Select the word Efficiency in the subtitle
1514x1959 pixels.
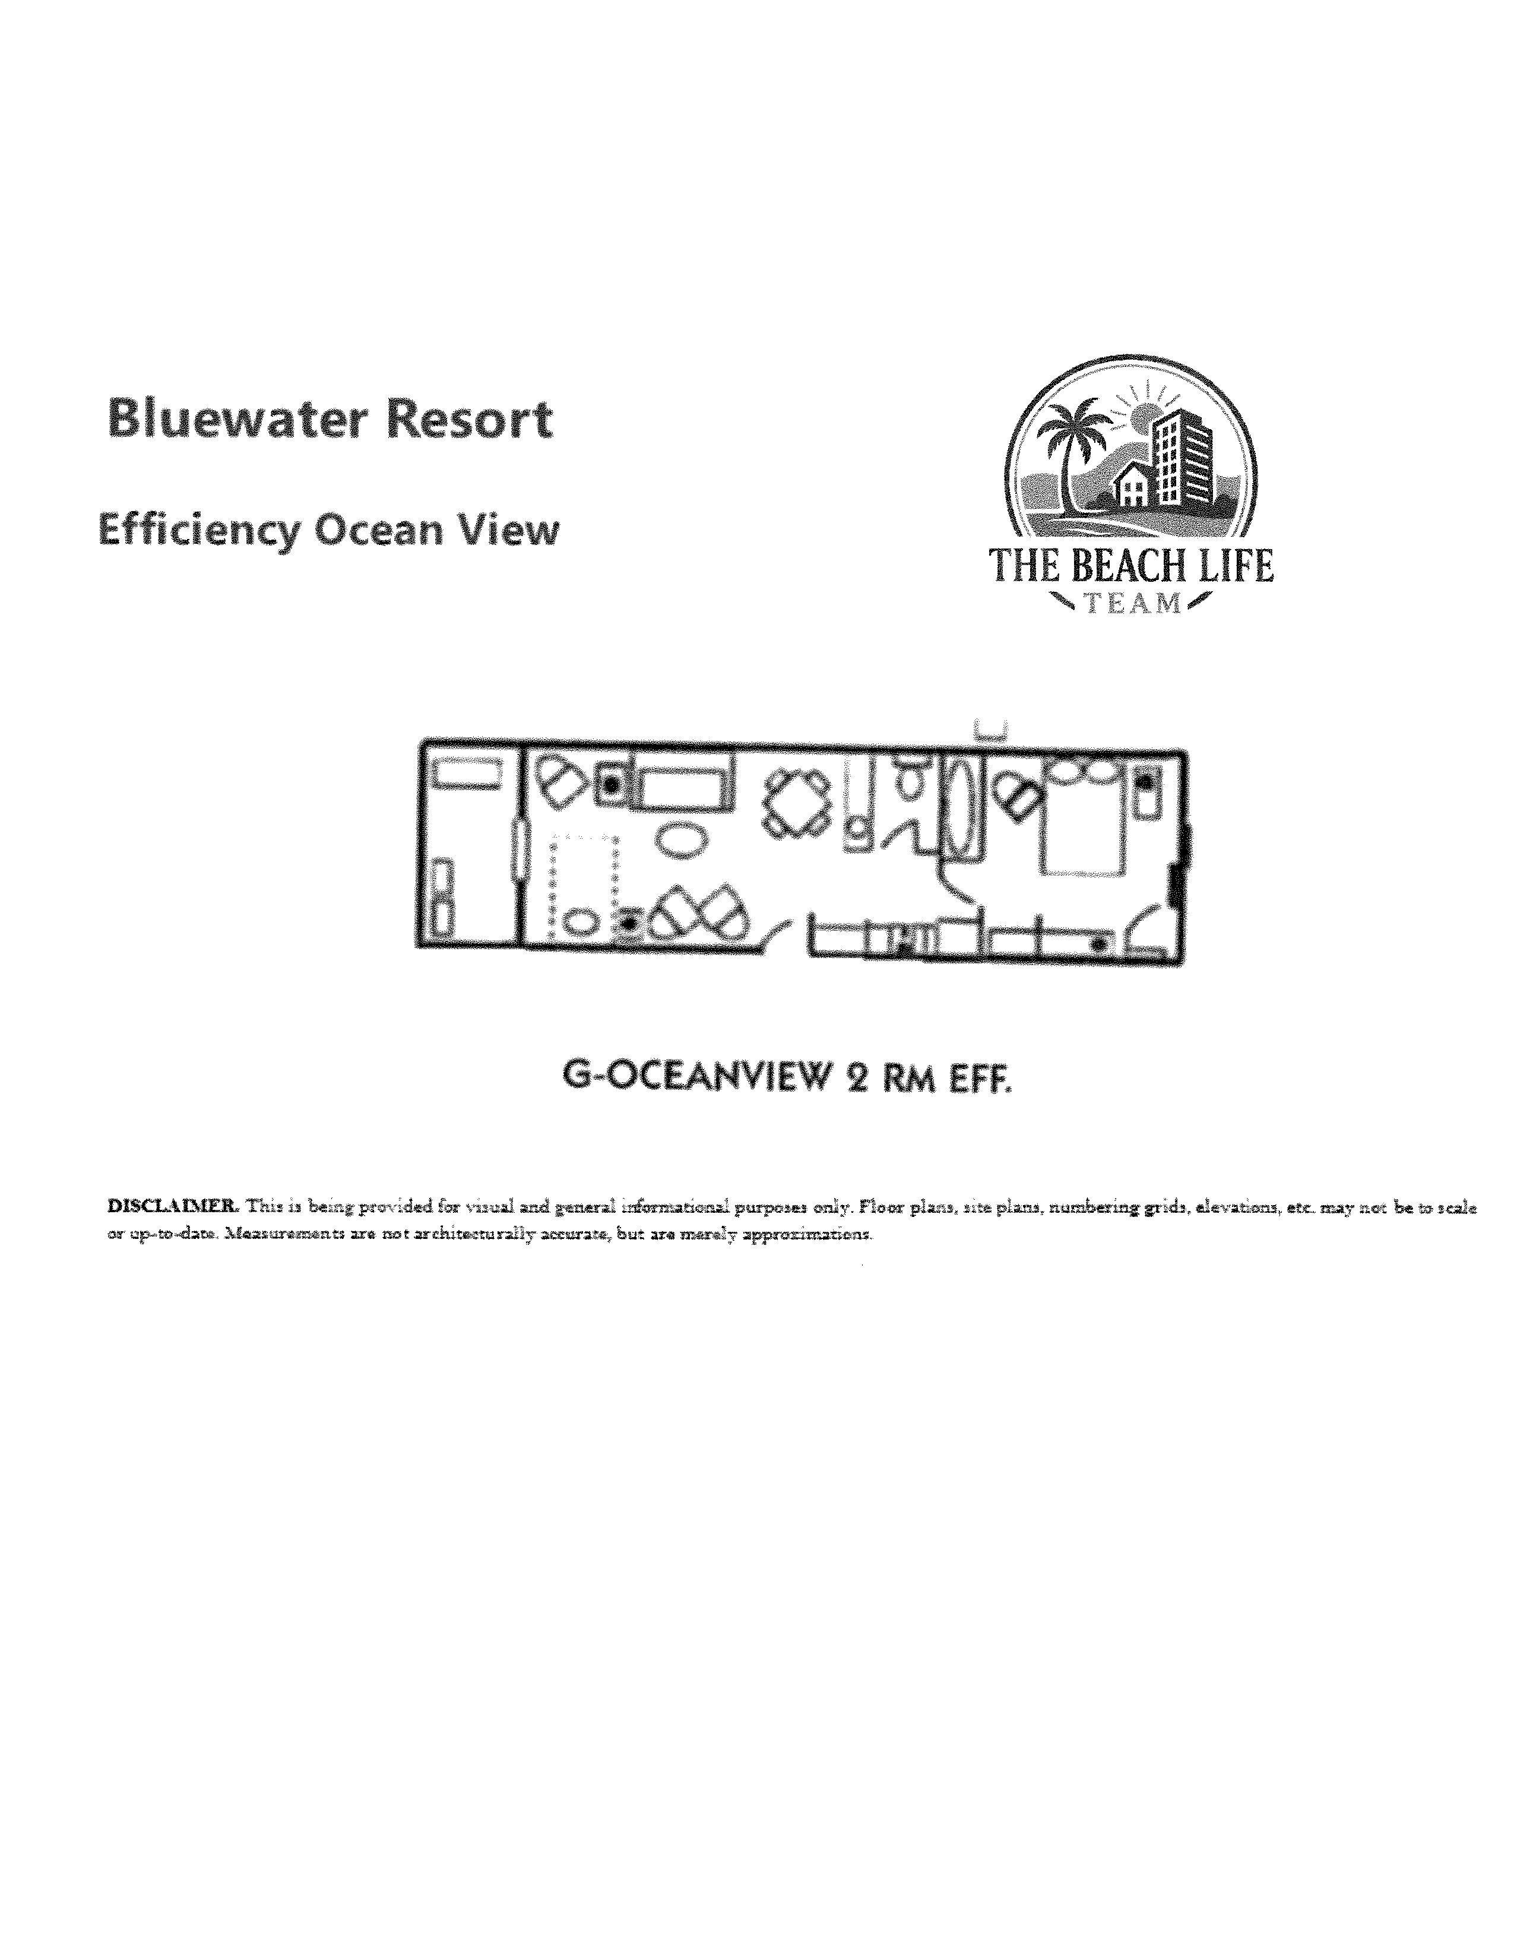coord(198,531)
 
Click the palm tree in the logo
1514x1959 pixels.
coord(1066,448)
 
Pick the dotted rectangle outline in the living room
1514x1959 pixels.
coord(584,883)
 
